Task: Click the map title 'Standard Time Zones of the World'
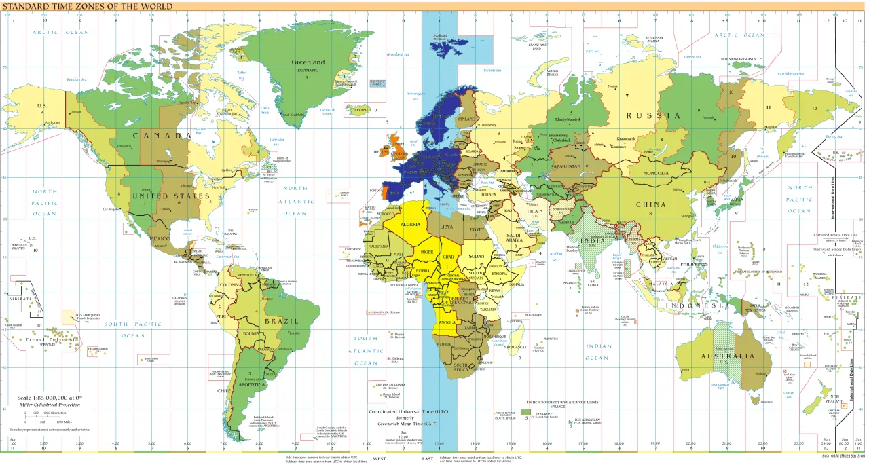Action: (x=86, y=6)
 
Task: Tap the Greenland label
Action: (x=308, y=62)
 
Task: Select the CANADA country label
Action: (x=162, y=136)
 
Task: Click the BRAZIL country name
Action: (x=282, y=321)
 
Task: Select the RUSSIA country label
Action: (x=654, y=115)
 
